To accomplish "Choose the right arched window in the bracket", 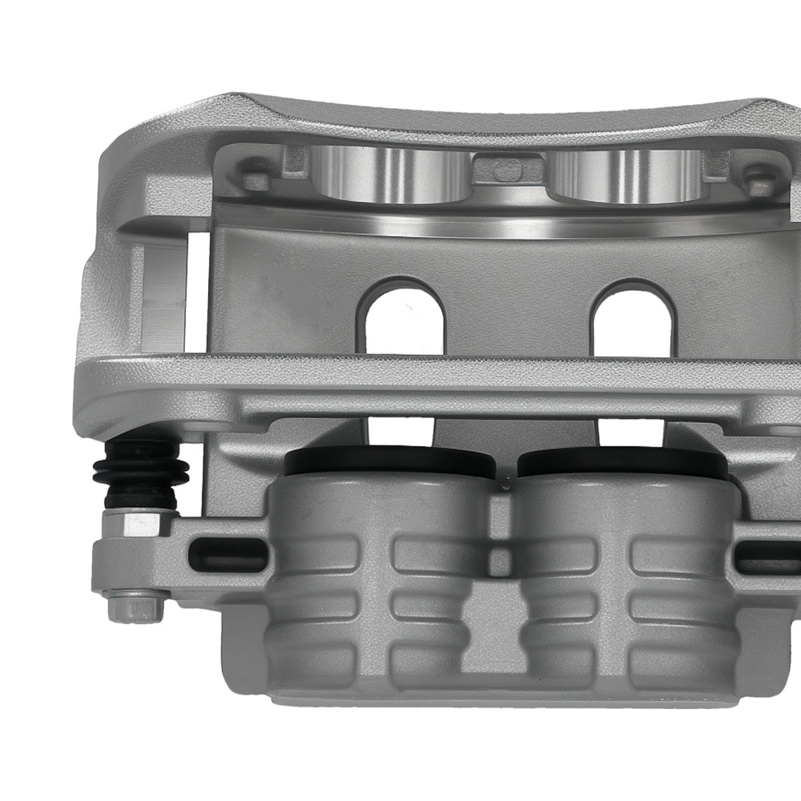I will (x=630, y=316).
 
